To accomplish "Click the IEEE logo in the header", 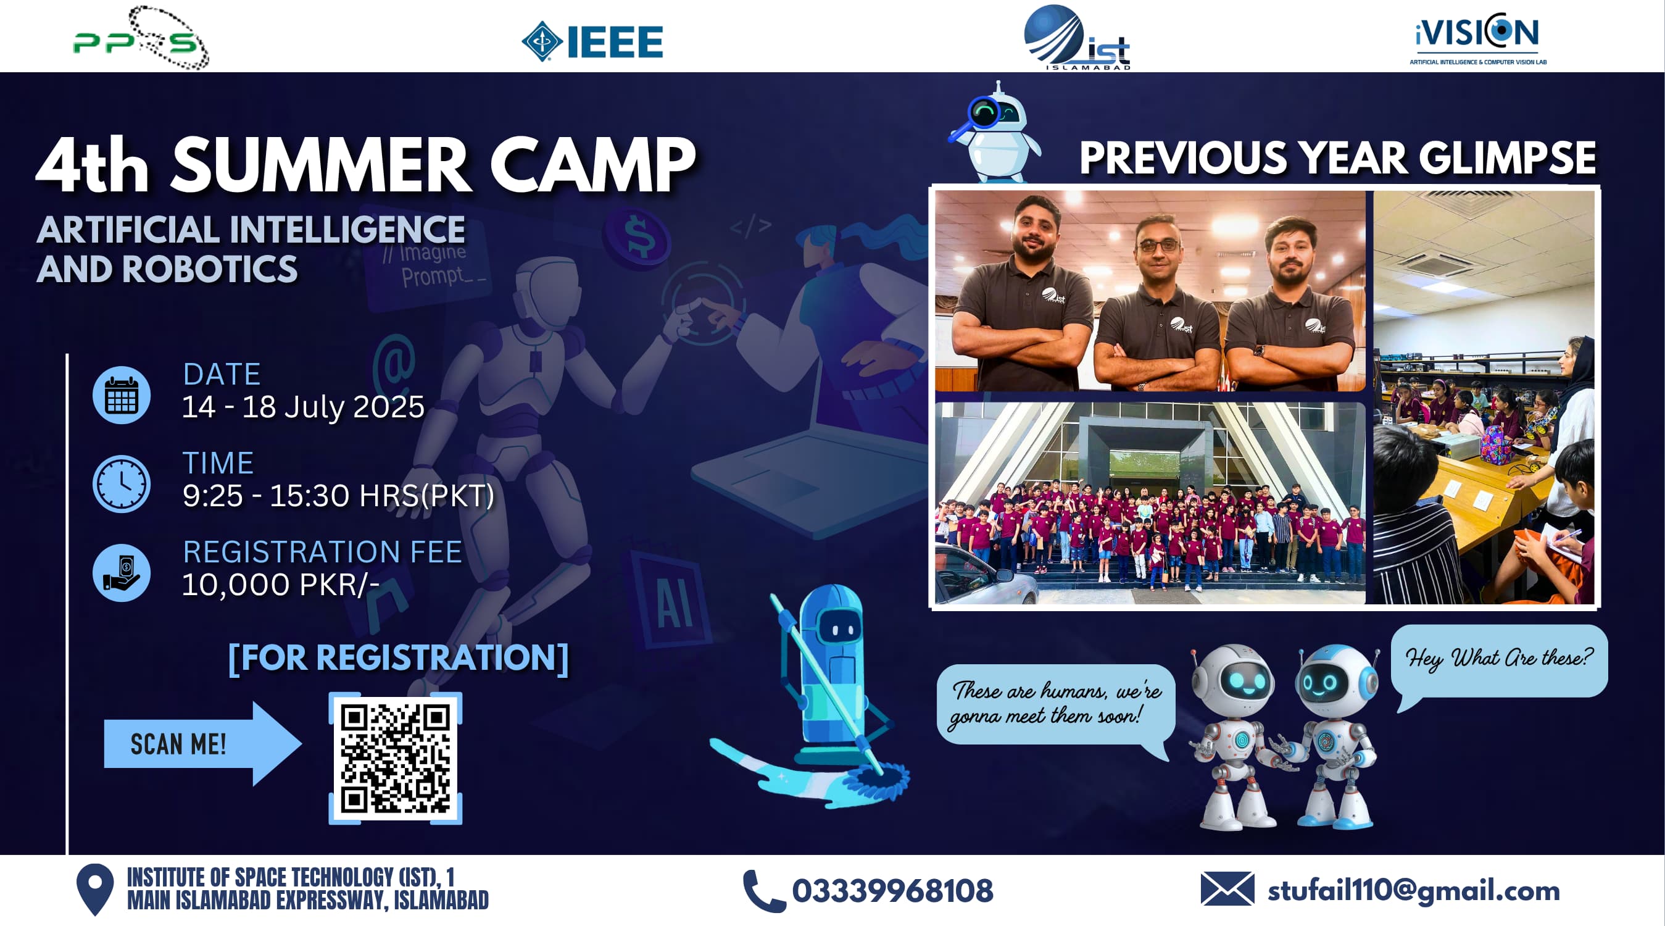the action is tap(592, 41).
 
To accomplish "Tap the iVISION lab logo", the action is tap(1478, 39).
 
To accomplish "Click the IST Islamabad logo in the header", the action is tap(1077, 38).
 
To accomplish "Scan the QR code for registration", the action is tap(395, 758).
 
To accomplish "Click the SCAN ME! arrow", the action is tap(202, 744).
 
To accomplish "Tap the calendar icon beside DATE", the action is tap(122, 395).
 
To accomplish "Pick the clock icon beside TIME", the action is tap(122, 484).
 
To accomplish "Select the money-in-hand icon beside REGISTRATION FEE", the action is tap(122, 572).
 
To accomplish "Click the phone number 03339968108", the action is tap(892, 890).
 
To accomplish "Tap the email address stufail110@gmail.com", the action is tap(1414, 891).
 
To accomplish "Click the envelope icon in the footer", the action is tap(1227, 888).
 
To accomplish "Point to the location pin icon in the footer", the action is tap(95, 890).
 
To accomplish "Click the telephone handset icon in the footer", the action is tap(764, 891).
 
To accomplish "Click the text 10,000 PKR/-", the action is tap(281, 585).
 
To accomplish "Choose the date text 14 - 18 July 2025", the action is tap(303, 407).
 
